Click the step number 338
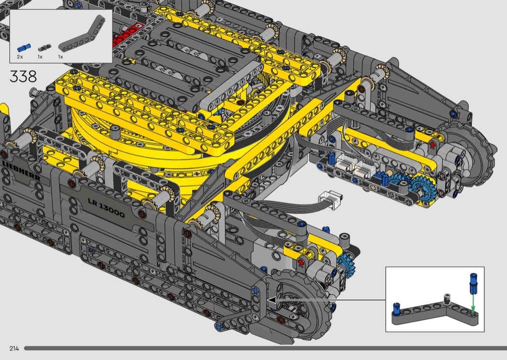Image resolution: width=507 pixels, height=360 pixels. point(23,77)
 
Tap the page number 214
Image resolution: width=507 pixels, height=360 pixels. point(14,348)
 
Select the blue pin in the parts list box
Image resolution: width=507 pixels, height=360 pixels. point(22,48)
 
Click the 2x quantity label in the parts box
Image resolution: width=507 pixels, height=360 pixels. point(20,57)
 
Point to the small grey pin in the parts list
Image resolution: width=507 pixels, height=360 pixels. point(42,48)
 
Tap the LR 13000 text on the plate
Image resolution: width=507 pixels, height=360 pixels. point(106,208)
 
